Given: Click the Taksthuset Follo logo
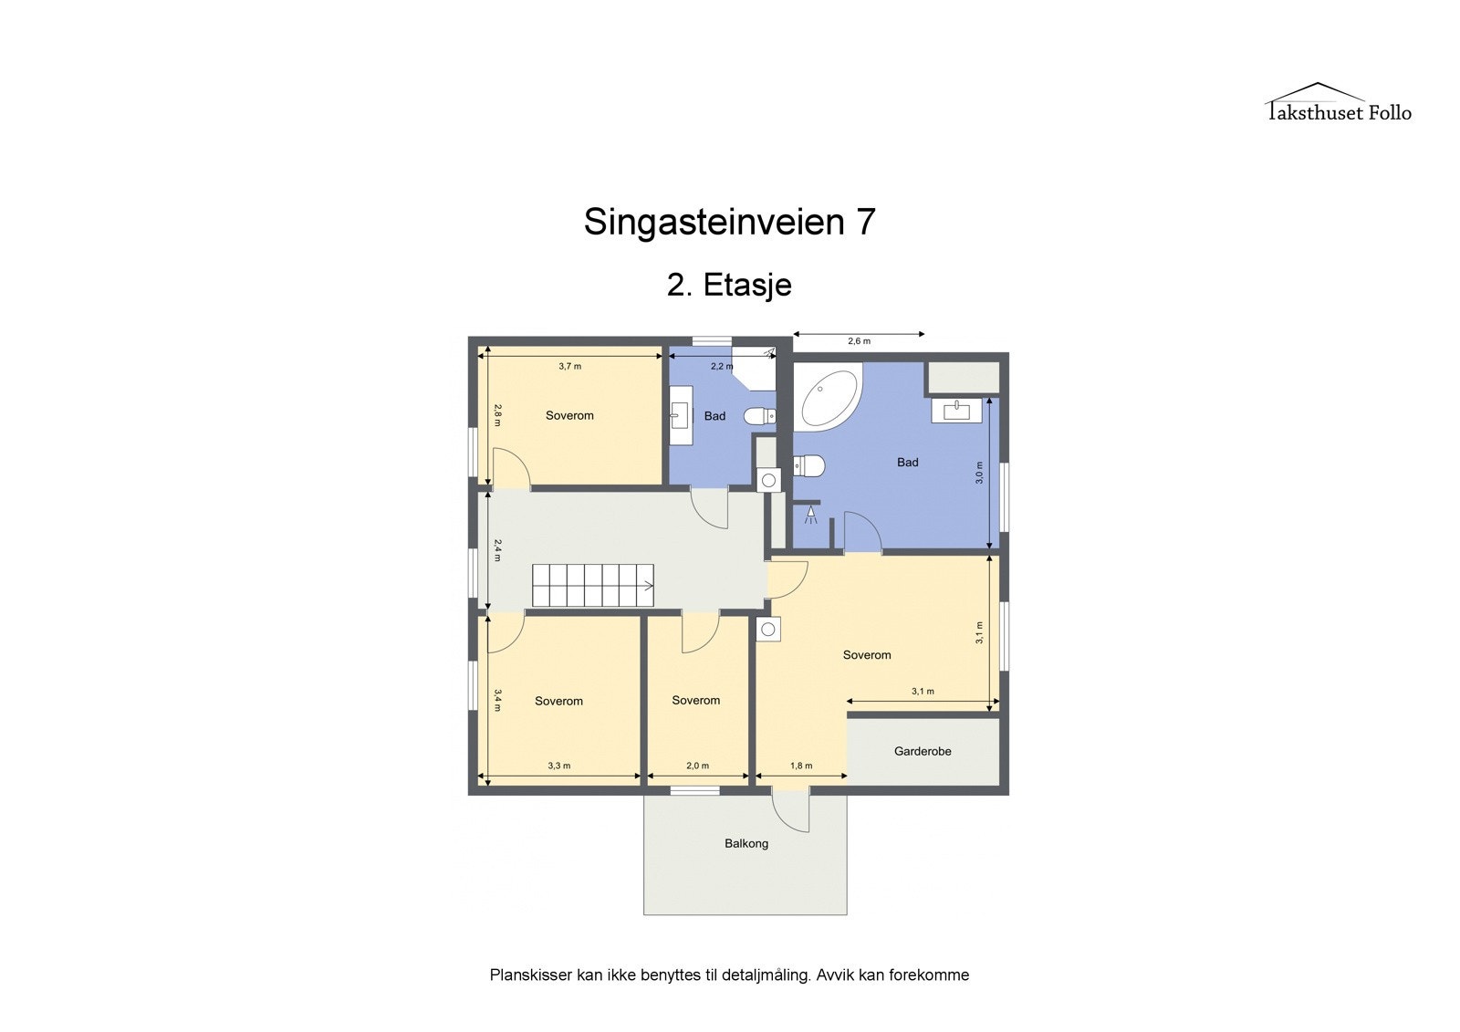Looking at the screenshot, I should pyautogui.click(x=1338, y=103).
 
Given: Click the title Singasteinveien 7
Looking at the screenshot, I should pyautogui.click(x=729, y=222).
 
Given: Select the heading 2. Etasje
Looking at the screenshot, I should pyautogui.click(x=729, y=285).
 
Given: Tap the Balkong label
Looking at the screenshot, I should pyautogui.click(x=746, y=843).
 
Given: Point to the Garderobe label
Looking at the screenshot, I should pyautogui.click(x=923, y=751).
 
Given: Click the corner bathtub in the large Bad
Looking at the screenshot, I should pyautogui.click(x=827, y=397).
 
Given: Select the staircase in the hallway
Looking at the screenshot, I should pyautogui.click(x=593, y=585).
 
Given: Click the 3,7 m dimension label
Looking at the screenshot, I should pyautogui.click(x=570, y=366).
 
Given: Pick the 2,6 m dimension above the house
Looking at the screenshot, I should pyautogui.click(x=859, y=341).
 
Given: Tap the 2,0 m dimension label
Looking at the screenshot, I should pyautogui.click(x=697, y=766).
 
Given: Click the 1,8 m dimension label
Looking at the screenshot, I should pyautogui.click(x=801, y=766).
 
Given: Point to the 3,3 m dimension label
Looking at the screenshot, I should pyautogui.click(x=558, y=766).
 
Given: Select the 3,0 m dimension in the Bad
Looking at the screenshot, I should pyautogui.click(x=979, y=473).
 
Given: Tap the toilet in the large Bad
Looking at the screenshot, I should pyautogui.click(x=810, y=466).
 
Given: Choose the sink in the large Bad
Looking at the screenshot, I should pyautogui.click(x=956, y=411).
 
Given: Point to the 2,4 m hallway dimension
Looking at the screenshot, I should pyautogui.click(x=497, y=549).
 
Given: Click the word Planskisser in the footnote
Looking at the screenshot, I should pyautogui.click(x=530, y=975).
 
